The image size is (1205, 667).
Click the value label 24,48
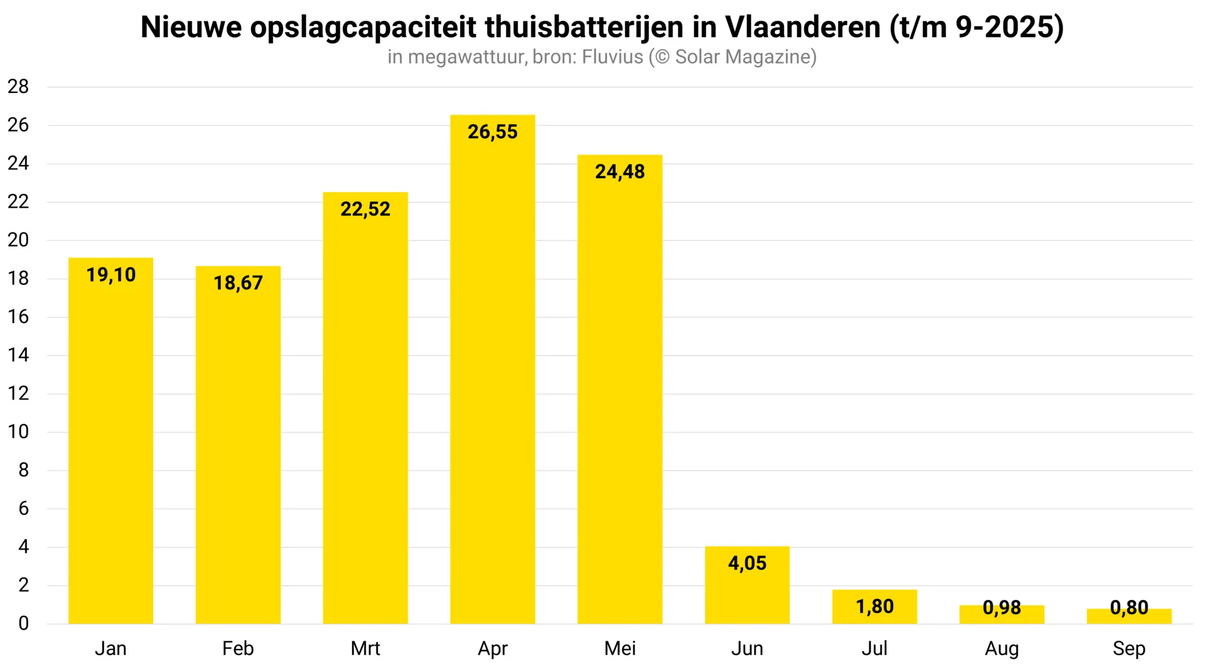619,171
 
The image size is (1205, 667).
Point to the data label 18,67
238,283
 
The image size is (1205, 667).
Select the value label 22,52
365,209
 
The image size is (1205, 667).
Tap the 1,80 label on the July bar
874,607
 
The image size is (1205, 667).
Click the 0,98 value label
1002,607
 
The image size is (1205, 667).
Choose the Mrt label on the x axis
365,648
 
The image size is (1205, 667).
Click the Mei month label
619,648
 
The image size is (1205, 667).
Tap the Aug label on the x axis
1002,648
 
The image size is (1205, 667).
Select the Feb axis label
238,648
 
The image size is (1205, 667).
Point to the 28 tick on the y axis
18,87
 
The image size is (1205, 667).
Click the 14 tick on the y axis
18,355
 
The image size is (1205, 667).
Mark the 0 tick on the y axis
23,623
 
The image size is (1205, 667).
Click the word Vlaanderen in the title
803,27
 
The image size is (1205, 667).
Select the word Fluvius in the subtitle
613,57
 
